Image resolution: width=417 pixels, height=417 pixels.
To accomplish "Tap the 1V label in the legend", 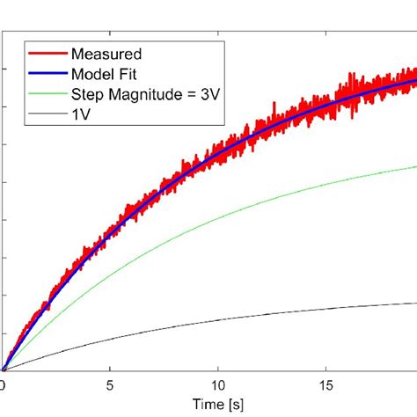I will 81,113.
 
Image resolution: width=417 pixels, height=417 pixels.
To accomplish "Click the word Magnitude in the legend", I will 138,94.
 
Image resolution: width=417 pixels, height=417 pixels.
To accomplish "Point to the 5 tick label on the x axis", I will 110,384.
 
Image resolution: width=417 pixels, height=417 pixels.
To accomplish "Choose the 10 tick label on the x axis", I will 218,384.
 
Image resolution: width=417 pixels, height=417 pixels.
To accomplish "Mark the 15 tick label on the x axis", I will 326,384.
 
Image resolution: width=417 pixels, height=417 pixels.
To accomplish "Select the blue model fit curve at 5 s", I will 110,233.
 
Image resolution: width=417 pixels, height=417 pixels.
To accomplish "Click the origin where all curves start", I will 4,370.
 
